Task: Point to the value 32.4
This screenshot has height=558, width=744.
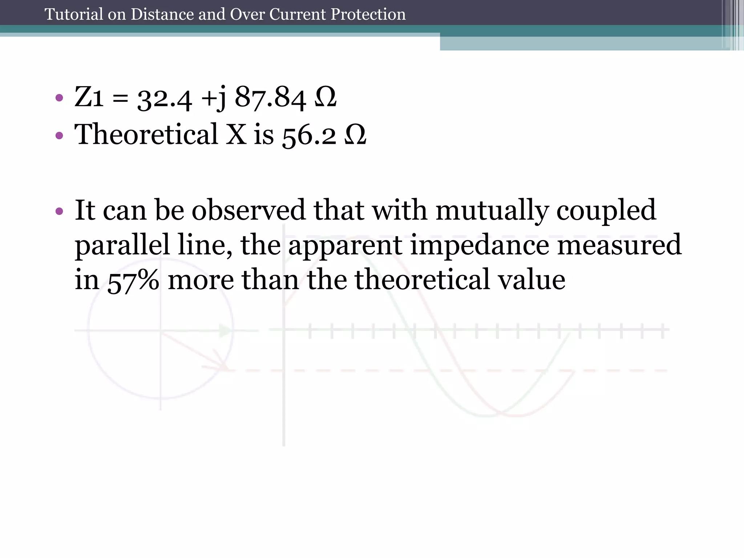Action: (x=165, y=98)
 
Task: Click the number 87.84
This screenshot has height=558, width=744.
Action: (x=270, y=97)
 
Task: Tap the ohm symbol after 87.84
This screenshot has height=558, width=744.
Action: (x=326, y=97)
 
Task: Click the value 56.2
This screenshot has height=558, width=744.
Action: (x=309, y=135)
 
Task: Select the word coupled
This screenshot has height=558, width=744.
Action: (x=606, y=211)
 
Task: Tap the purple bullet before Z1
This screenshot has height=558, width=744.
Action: (x=60, y=98)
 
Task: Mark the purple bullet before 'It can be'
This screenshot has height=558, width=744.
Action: (x=60, y=211)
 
